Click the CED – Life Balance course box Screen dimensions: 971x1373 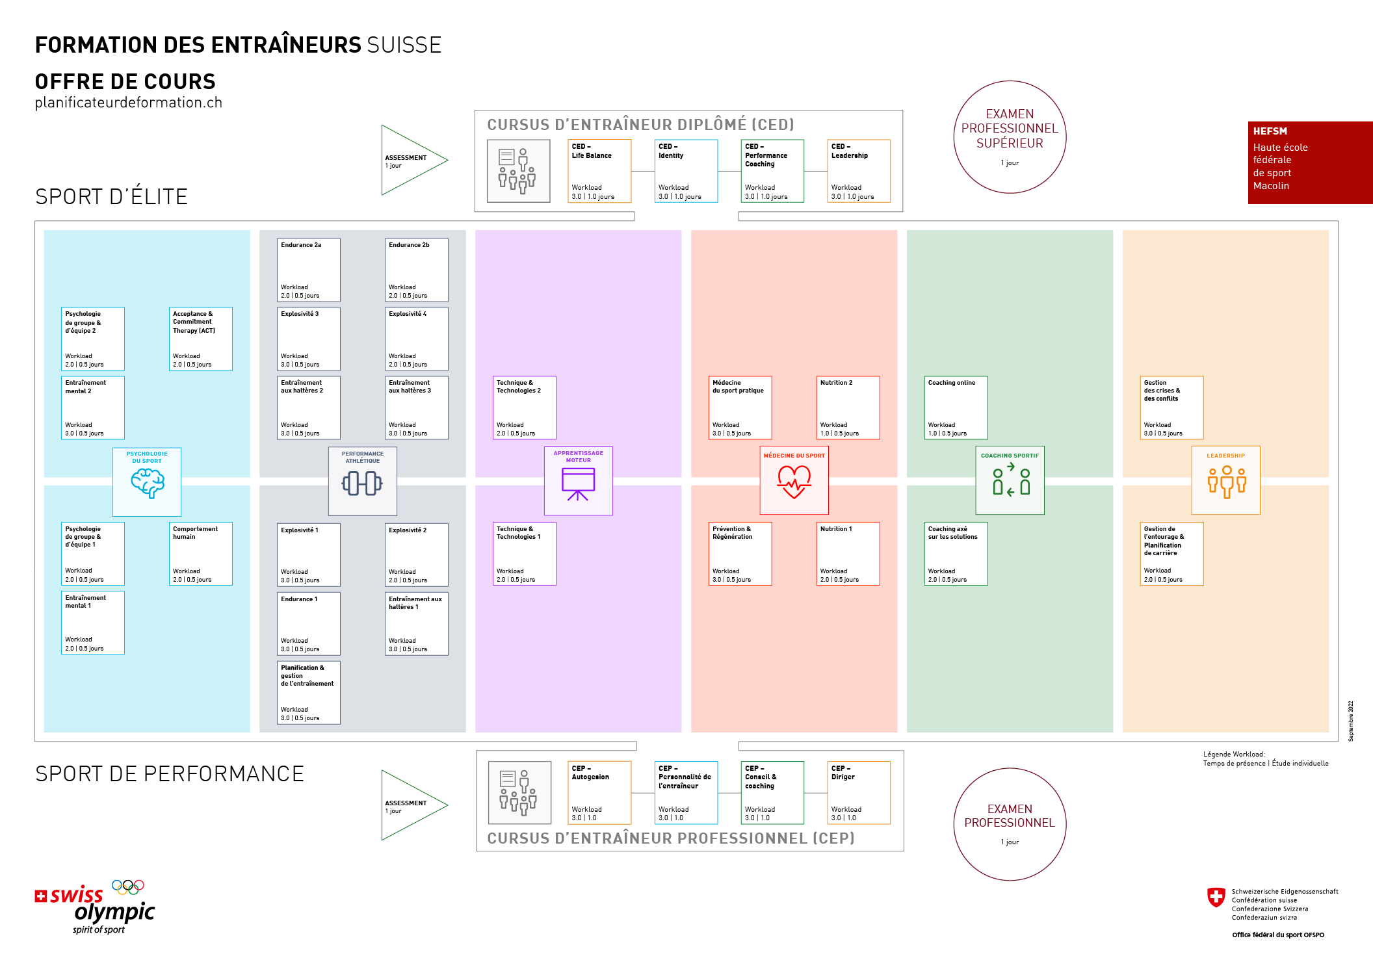coord(599,171)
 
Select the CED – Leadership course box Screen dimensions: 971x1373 coord(859,171)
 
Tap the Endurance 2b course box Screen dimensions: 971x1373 coord(417,270)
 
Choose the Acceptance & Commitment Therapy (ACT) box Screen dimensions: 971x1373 coord(201,339)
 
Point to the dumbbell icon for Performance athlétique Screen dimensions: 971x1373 coord(362,484)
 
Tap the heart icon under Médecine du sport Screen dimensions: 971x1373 coord(794,482)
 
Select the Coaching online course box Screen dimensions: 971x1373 coord(956,408)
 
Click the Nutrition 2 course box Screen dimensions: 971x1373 coord(848,408)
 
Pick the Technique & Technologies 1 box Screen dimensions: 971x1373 coord(525,554)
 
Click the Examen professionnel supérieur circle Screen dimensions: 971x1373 coord(1010,137)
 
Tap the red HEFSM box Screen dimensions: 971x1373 coord(1310,162)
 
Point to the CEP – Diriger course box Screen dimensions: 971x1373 coord(859,793)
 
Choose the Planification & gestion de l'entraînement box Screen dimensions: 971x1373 coord(309,692)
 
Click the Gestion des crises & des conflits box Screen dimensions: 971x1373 coord(1172,408)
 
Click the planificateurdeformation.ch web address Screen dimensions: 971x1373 coord(129,103)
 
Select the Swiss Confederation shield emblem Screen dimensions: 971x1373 coord(1216,898)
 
